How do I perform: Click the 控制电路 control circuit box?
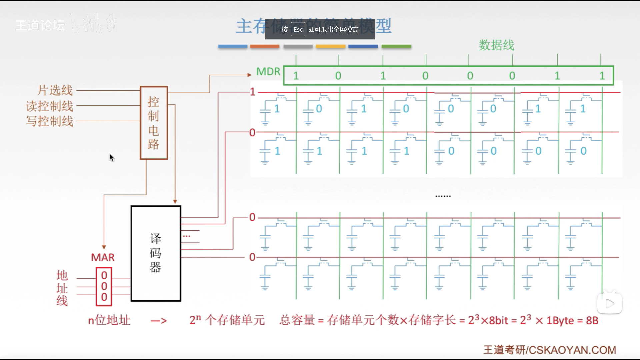point(154,123)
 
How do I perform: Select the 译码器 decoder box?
point(156,253)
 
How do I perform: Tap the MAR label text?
point(103,258)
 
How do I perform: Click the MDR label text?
point(268,72)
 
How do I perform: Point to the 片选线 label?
point(55,90)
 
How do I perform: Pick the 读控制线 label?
point(49,106)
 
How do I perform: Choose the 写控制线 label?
point(49,121)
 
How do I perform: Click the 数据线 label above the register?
point(496,45)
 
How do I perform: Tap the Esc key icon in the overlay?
point(298,29)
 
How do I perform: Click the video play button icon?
point(609,303)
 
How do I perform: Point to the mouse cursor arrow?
point(111,157)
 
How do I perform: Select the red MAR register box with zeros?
point(104,286)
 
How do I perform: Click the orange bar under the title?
point(265,46)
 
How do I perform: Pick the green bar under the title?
point(396,46)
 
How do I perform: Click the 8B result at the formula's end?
point(592,321)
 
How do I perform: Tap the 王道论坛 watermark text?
point(40,25)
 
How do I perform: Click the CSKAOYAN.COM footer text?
point(572,350)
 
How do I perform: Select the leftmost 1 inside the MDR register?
point(296,76)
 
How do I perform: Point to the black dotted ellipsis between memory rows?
point(443,196)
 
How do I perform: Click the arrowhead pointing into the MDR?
point(249,75)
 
